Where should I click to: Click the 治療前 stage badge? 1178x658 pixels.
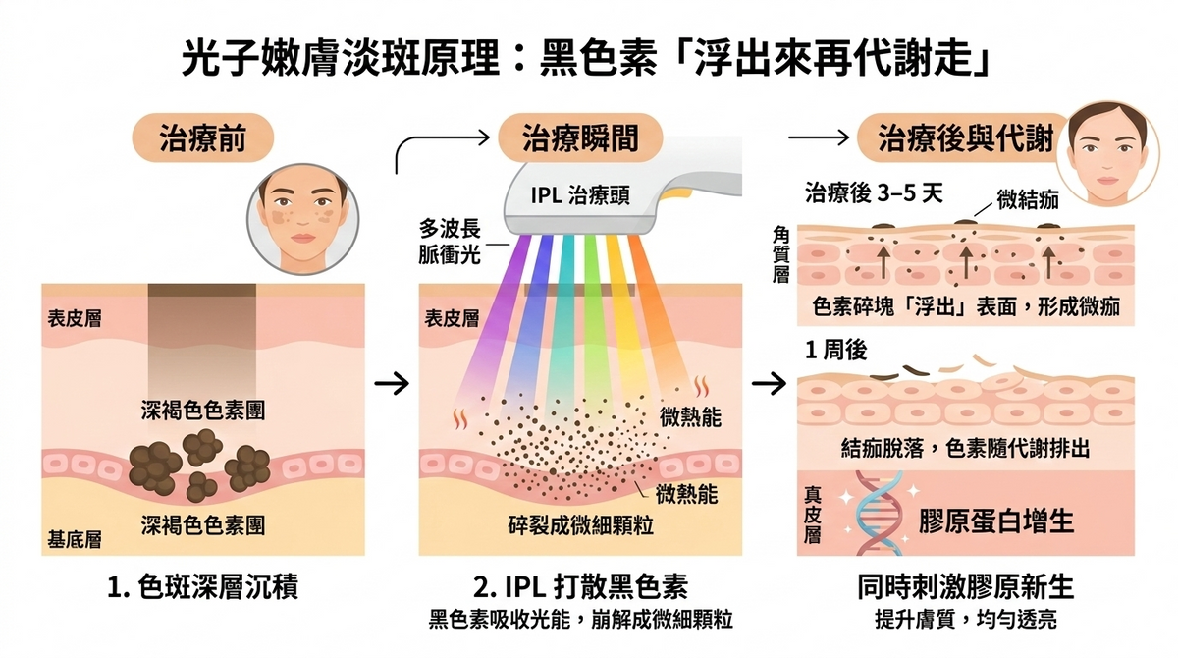202,139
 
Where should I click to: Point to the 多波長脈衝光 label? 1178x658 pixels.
449,241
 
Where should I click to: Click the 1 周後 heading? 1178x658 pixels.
835,352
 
